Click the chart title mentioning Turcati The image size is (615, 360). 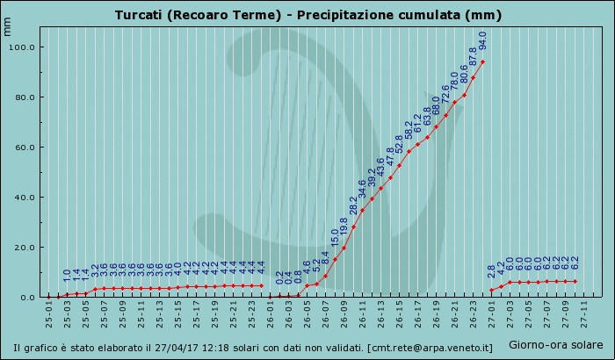pos(307,16)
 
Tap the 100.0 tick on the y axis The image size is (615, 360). pos(22,47)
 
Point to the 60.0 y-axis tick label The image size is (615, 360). pos(24,147)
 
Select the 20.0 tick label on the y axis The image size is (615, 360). pos(24,247)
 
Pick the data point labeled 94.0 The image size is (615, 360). pos(482,61)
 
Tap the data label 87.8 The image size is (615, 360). pos(474,57)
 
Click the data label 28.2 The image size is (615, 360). pos(353,205)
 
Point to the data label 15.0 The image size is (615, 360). pos(335,238)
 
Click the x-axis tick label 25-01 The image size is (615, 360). pos(49,313)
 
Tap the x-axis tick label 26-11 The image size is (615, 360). pos(363,313)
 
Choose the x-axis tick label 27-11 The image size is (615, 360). pos(584,313)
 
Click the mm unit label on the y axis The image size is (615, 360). pos(8,25)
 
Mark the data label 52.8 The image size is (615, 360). pos(400,144)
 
